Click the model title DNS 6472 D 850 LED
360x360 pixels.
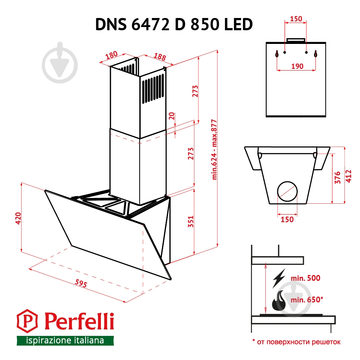[x=174, y=25]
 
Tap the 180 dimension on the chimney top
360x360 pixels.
[x=112, y=55]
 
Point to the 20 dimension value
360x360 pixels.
[x=172, y=116]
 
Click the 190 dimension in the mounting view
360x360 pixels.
[x=297, y=66]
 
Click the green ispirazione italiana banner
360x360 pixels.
[x=65, y=340]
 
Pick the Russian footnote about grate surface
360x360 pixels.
[x=296, y=342]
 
